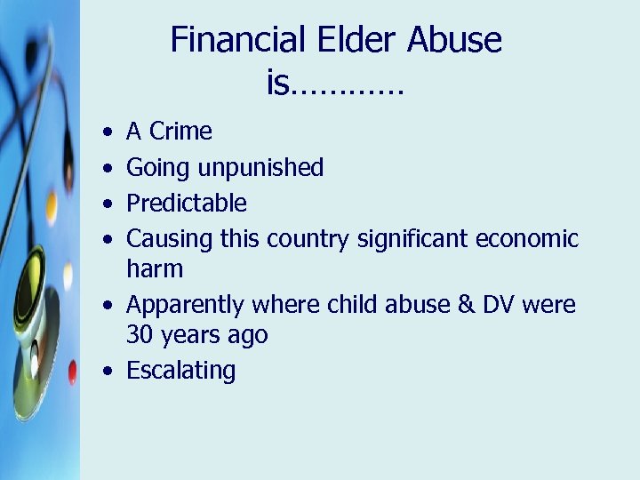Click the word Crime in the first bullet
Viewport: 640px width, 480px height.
click(x=180, y=132)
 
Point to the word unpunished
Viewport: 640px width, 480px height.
click(x=260, y=167)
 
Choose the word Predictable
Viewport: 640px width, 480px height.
click(x=187, y=203)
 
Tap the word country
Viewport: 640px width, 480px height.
click(x=309, y=238)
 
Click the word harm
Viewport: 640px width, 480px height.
click(x=155, y=268)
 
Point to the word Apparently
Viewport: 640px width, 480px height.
click(x=187, y=305)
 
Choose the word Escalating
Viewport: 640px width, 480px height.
click(x=181, y=371)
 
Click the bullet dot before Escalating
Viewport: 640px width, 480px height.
click(x=107, y=371)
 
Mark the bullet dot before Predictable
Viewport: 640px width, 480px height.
click(x=107, y=203)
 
